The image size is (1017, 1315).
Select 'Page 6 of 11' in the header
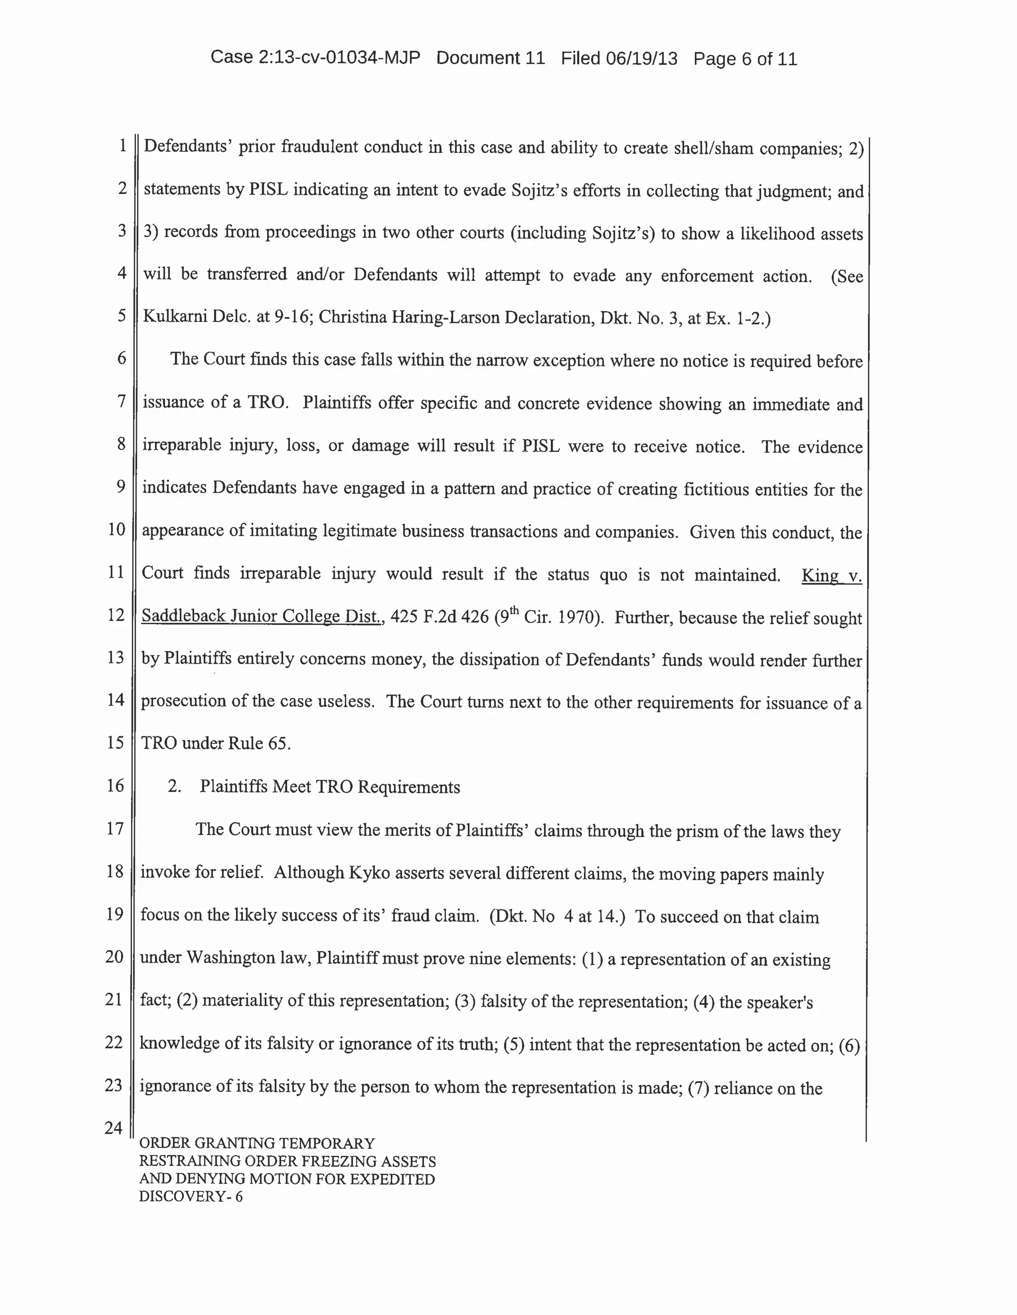(745, 59)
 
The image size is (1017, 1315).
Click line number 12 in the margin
(115, 615)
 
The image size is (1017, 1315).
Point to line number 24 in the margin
(113, 1128)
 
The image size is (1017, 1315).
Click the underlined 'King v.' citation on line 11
(831, 576)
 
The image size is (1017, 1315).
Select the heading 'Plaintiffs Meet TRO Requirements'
(330, 787)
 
